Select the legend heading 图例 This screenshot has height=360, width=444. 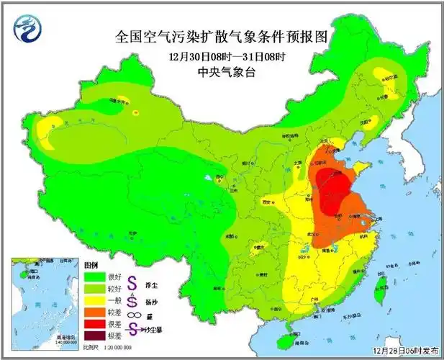(x=91, y=265)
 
